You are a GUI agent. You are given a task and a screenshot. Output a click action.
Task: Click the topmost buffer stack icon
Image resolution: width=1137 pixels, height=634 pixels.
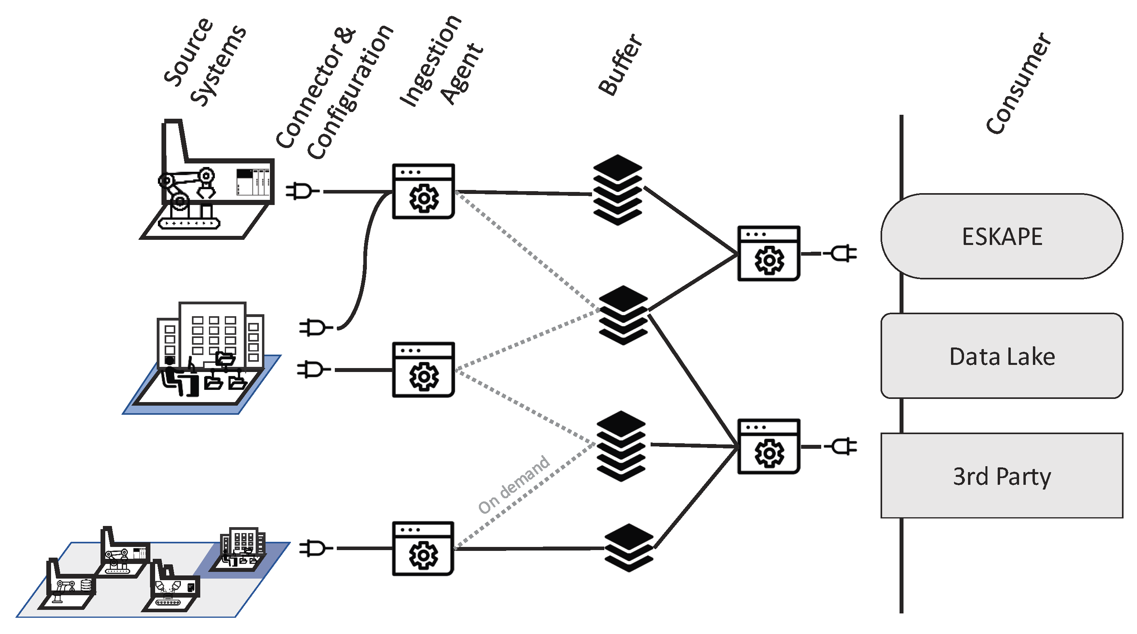coord(617,190)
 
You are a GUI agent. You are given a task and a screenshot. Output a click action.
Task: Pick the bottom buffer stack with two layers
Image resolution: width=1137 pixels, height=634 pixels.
coord(628,547)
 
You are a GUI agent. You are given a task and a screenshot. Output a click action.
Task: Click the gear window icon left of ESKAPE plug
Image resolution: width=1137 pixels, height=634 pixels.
coord(769,253)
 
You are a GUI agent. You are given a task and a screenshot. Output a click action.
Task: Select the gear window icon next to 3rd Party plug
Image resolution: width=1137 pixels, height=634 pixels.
coord(769,446)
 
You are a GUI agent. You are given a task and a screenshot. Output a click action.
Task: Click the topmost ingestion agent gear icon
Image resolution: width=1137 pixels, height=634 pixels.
coord(423,191)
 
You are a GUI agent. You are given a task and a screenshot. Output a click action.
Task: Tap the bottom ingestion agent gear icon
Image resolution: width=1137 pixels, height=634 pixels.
coord(423,549)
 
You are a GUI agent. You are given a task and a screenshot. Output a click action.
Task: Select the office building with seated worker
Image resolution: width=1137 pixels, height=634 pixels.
coord(207,353)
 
